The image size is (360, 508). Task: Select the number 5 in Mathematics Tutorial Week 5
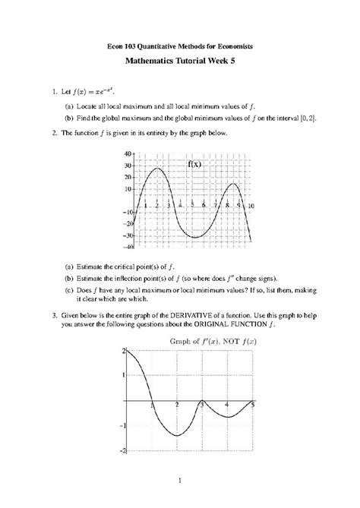tap(245, 65)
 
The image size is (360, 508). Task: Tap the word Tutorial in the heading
tap(185, 65)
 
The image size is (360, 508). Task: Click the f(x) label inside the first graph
tap(194, 163)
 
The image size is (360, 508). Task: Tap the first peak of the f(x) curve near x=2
tap(156, 169)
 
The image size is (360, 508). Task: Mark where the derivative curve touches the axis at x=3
tap(201, 402)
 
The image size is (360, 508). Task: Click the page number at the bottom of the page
tap(180, 480)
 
